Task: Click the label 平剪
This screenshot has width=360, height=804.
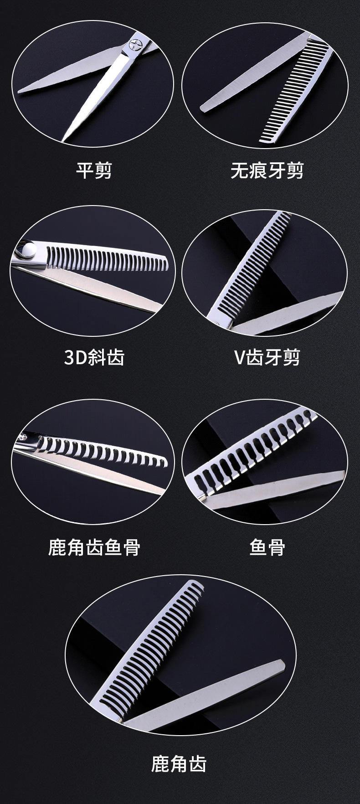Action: point(93,170)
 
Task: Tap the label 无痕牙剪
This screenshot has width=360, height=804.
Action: point(267,170)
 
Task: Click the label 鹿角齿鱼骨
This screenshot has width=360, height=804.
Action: point(94,546)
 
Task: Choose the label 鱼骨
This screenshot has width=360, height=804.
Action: point(267,546)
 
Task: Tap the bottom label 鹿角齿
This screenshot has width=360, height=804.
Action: point(179,763)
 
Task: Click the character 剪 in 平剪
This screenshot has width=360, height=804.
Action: point(103,170)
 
